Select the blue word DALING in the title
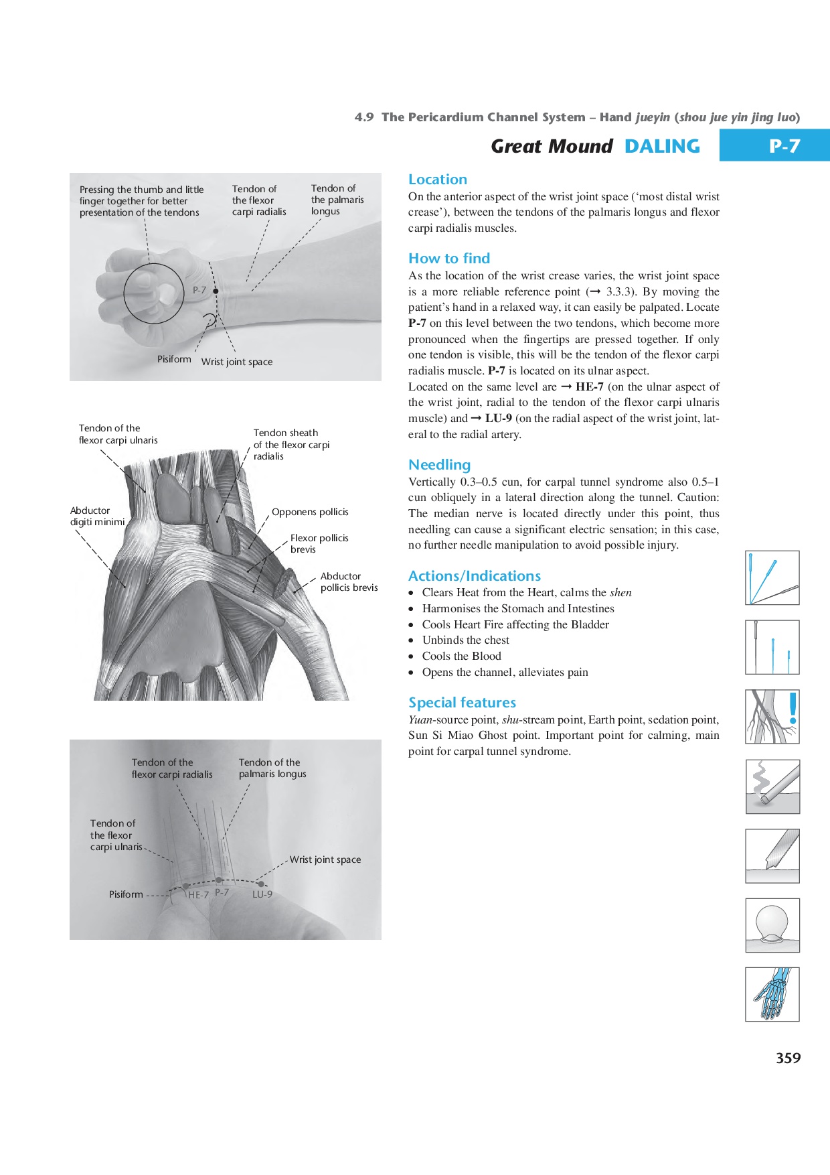(x=662, y=146)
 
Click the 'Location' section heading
(x=438, y=180)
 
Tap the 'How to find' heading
(x=449, y=259)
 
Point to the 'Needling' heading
(x=439, y=465)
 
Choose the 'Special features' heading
(x=462, y=703)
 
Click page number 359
(x=788, y=1058)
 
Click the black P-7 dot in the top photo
(x=216, y=291)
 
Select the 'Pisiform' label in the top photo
(x=174, y=359)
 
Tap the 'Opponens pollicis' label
(x=310, y=512)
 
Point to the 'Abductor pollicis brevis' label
(x=349, y=581)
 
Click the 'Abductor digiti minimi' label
(x=97, y=516)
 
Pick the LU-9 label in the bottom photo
(x=262, y=894)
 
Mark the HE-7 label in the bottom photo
(x=199, y=895)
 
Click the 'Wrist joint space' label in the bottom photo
(x=325, y=859)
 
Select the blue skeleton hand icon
(x=772, y=994)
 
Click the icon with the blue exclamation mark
(x=772, y=717)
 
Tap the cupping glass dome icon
(x=772, y=925)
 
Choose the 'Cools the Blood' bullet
(x=461, y=656)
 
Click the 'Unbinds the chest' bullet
(x=465, y=640)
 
